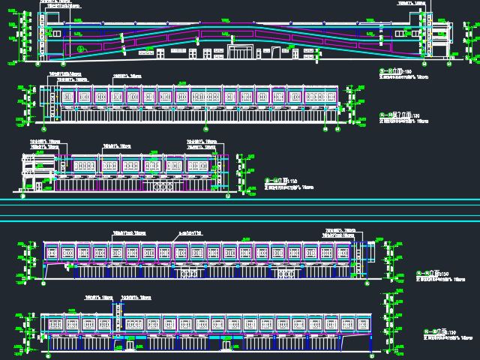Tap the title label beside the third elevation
click(282, 181)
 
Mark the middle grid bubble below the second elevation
click(205, 130)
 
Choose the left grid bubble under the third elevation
click(23, 196)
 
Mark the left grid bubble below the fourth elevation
click(45, 286)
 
